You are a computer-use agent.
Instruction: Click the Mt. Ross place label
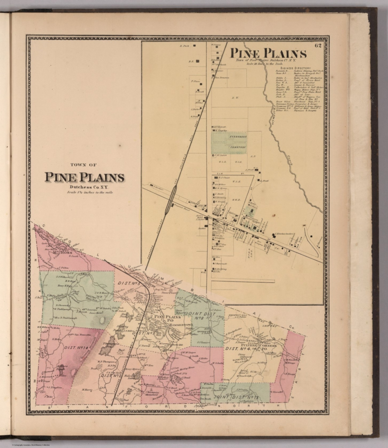[61, 252]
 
